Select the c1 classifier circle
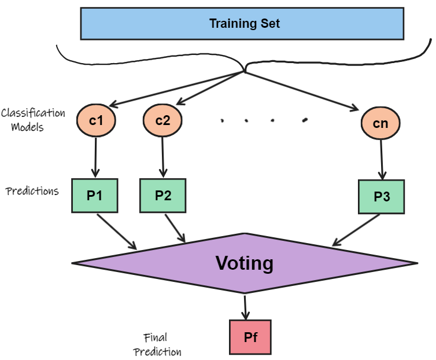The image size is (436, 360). pos(96,121)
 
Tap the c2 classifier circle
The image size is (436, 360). pos(162,121)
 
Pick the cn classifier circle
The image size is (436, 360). pos(380,123)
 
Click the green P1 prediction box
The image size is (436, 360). pos(94,195)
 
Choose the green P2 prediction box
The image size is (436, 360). pos(163,195)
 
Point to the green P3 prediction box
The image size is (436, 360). pos(382,196)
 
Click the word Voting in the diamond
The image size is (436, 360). pos(244,263)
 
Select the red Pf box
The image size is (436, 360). pos(250,337)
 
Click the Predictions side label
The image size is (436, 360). pos(32,191)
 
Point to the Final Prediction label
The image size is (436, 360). pos(157,344)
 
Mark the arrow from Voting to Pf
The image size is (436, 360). pos(246,307)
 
